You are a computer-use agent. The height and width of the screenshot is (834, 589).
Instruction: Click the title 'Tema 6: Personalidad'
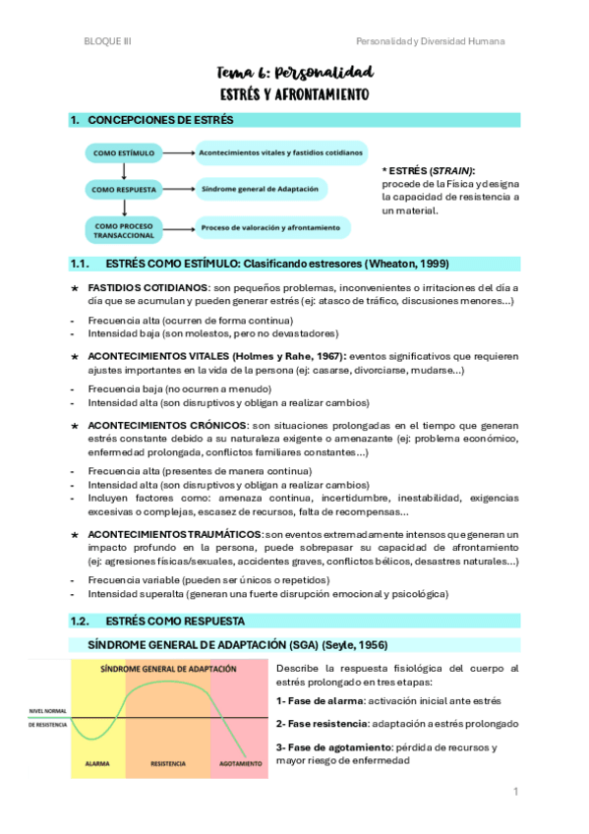(x=294, y=73)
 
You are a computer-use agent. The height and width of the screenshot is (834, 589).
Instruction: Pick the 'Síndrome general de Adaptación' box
(x=261, y=189)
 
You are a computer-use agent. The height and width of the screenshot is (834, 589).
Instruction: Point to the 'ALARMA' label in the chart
(x=97, y=761)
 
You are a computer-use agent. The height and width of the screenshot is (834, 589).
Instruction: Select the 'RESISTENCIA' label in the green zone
(x=167, y=761)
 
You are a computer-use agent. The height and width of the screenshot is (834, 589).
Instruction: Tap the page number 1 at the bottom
(x=513, y=791)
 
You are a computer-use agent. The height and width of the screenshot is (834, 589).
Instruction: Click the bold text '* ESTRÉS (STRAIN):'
(x=428, y=170)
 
